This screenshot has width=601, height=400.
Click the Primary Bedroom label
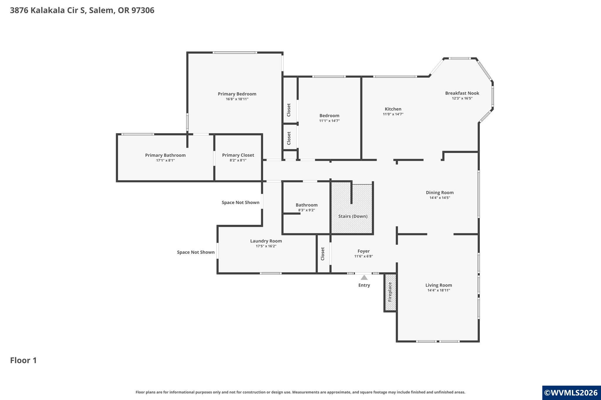coord(237,94)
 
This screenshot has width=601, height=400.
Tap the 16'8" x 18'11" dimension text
coord(237,99)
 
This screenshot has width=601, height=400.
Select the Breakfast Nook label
coord(462,93)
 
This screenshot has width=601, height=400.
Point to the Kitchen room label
coord(393,109)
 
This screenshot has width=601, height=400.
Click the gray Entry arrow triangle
coord(364,278)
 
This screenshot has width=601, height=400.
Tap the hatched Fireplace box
coord(390,292)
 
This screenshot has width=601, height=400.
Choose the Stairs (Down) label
coord(353,216)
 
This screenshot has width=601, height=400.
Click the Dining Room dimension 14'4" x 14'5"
coord(440,198)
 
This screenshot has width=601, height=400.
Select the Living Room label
coord(438,285)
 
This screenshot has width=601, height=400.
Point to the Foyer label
coord(363,251)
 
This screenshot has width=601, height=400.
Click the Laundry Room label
coord(266,241)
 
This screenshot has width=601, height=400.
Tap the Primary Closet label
coord(238,155)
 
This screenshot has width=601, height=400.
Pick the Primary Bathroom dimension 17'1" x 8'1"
coord(165,160)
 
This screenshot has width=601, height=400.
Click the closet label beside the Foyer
coord(323,254)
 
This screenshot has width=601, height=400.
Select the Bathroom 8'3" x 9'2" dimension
coord(306,210)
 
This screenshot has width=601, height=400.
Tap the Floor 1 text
coord(23,360)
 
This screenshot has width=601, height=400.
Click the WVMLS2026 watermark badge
coord(571,393)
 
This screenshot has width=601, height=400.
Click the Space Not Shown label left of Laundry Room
coord(196,252)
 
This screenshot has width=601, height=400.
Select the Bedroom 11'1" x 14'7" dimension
coord(329,121)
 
